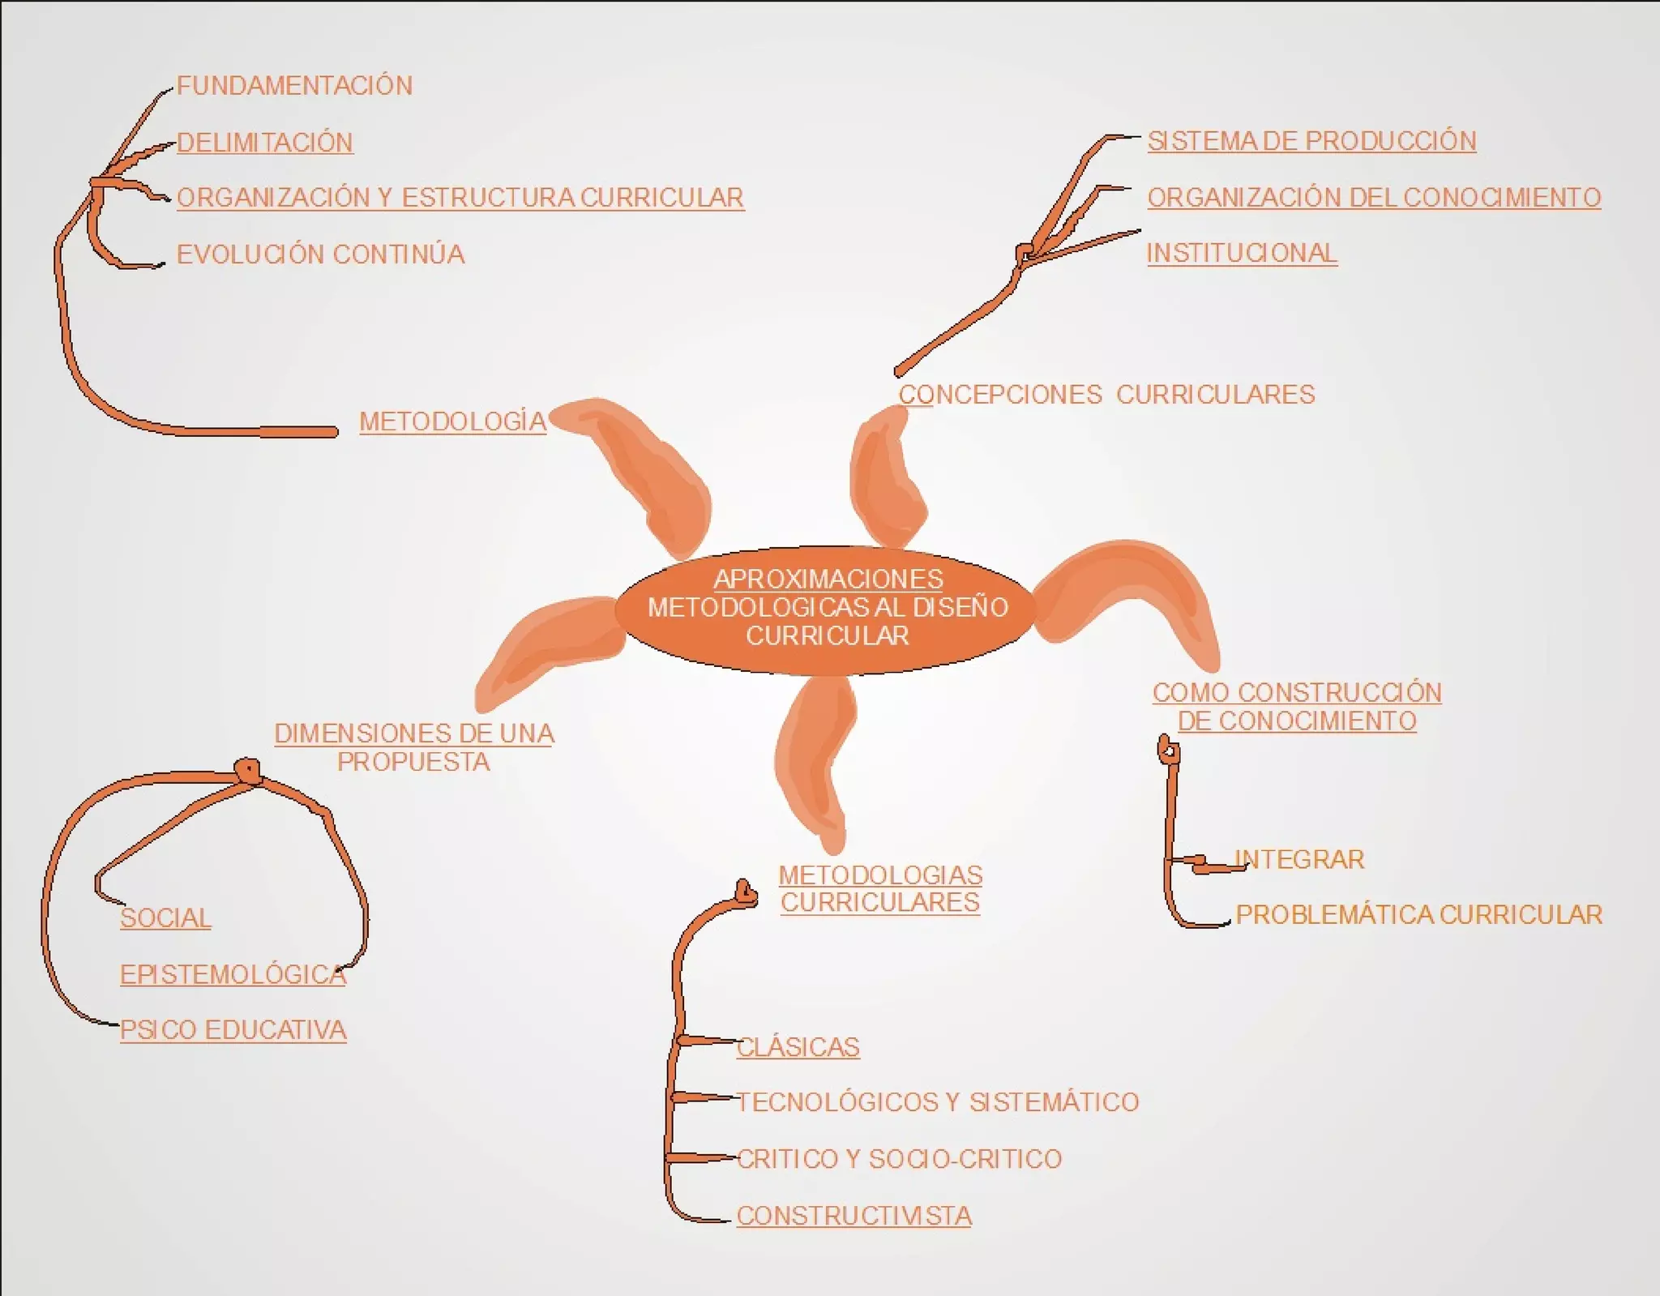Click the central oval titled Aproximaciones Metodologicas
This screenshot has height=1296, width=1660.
pos(827,608)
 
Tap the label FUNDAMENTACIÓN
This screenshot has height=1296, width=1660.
pos(294,86)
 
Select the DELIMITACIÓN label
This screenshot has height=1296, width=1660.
pos(265,143)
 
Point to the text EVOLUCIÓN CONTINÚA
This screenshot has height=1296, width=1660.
pos(321,254)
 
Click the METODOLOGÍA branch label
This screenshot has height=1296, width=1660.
pos(453,421)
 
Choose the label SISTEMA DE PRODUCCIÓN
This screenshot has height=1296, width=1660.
pos(1311,141)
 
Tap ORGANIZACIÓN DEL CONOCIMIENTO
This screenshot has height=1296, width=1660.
pos(1374,198)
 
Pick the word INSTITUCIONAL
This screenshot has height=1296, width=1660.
pos(1241,253)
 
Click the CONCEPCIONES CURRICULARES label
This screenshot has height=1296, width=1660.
pos(1106,395)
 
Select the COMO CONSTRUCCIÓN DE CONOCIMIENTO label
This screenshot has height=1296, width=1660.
pos(1297,707)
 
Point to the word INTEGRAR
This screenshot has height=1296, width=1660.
pos(1300,859)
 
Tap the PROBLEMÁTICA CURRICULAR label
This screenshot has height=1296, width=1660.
pos(1418,915)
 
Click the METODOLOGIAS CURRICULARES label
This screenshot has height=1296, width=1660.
pos(880,888)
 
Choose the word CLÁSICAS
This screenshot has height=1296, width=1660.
pos(798,1047)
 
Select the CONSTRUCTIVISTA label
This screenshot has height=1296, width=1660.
pos(854,1216)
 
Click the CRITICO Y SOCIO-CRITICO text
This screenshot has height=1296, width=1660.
pos(900,1159)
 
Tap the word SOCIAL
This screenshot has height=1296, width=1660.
pos(165,918)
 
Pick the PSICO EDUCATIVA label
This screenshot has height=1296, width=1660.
pos(233,1030)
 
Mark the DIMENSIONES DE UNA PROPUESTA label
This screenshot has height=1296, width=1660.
pos(414,747)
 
